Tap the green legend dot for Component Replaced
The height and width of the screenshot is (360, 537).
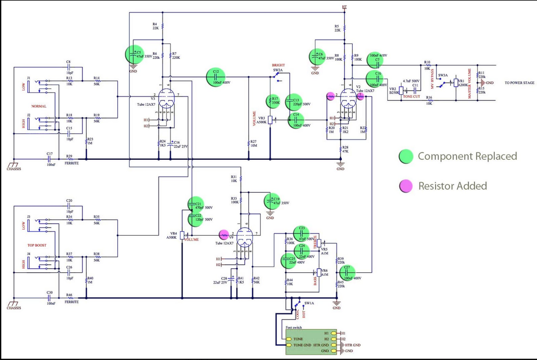click(406, 156)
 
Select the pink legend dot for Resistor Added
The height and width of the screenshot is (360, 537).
click(406, 185)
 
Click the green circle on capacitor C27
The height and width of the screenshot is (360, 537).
click(347, 273)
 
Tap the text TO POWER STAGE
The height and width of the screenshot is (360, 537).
click(519, 83)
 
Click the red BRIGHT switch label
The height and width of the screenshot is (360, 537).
click(278, 66)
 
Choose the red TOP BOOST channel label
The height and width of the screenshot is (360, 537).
click(37, 247)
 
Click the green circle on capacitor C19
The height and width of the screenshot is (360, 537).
click(273, 200)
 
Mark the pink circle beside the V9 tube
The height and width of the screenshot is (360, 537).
click(223, 234)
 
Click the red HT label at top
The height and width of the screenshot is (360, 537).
click(344, 8)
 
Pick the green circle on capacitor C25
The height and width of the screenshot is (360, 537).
click(289, 261)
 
